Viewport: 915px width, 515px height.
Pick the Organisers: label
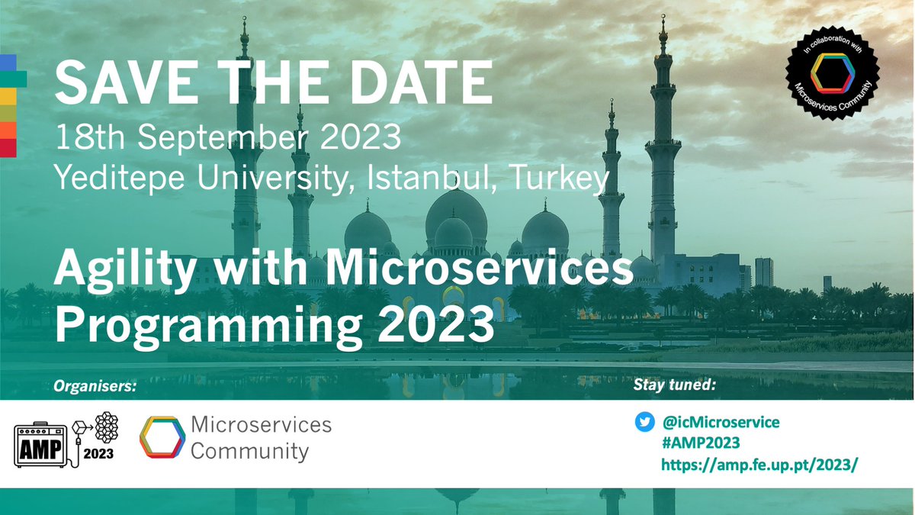point(95,387)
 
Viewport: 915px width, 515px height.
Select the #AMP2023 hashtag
point(701,443)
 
